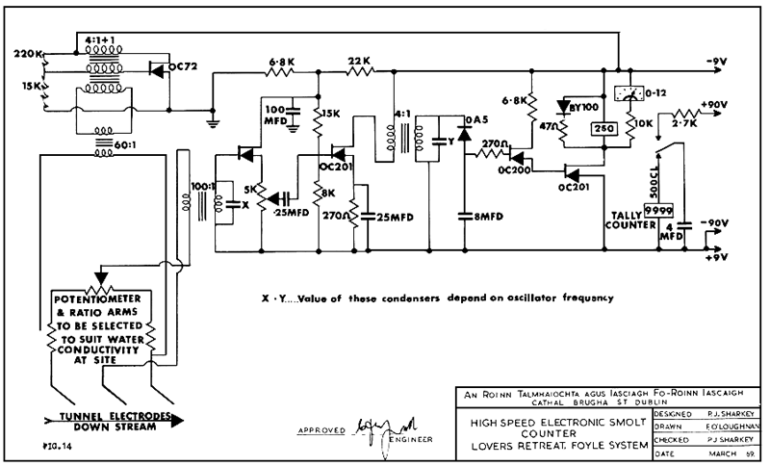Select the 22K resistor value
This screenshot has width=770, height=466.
359,60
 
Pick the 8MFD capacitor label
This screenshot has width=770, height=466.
478,218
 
